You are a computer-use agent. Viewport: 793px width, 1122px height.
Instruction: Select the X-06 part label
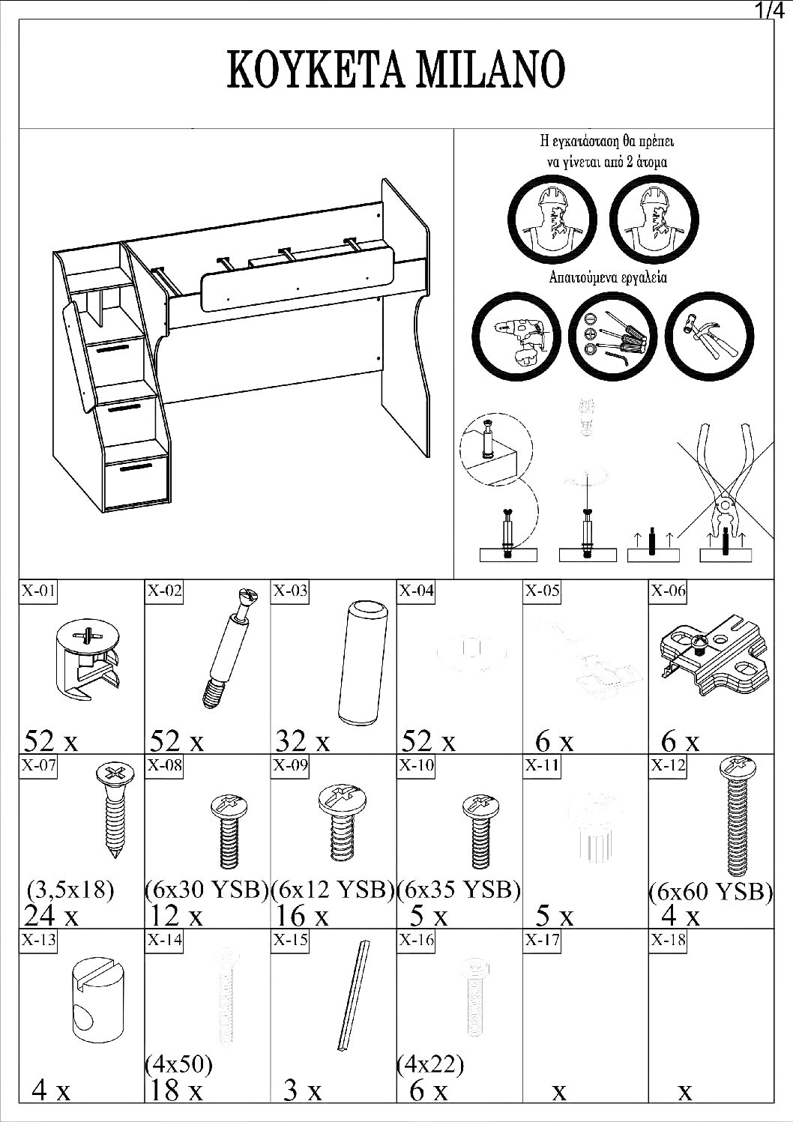coord(667,591)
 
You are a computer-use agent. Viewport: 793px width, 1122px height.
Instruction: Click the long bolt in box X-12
coord(735,817)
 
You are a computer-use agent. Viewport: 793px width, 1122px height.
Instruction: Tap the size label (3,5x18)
coord(70,890)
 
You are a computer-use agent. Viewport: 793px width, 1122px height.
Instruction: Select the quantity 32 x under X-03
coord(302,741)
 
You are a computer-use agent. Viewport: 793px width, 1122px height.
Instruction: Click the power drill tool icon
coord(516,337)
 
